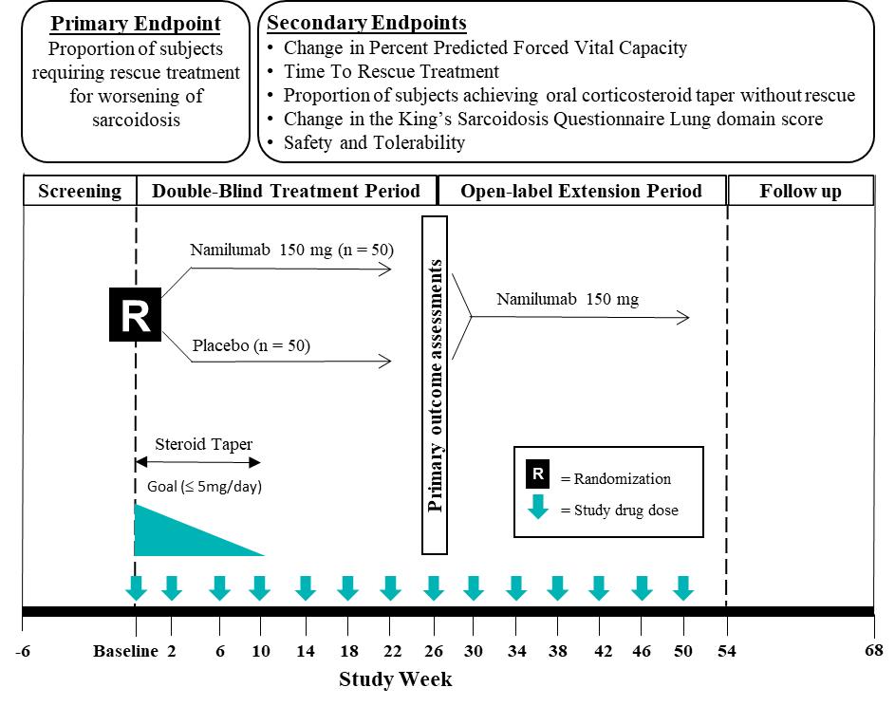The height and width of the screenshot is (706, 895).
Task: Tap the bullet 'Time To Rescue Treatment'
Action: tap(391, 71)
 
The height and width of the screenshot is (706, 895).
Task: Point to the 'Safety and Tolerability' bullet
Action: tap(375, 143)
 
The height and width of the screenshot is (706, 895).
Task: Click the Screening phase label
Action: tap(80, 191)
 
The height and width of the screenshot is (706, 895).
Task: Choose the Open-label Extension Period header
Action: tap(581, 191)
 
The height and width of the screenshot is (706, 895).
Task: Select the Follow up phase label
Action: tap(800, 191)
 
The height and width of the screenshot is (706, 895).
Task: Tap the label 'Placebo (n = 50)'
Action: tap(251, 345)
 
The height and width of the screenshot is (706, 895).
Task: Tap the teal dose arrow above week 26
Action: tap(434, 588)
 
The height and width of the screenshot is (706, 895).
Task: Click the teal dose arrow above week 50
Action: tap(682, 588)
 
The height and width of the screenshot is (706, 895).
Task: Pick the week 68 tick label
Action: tap(873, 651)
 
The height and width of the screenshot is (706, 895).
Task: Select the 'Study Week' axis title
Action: tap(396, 679)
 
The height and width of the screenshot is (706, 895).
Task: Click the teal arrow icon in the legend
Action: tap(538, 505)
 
